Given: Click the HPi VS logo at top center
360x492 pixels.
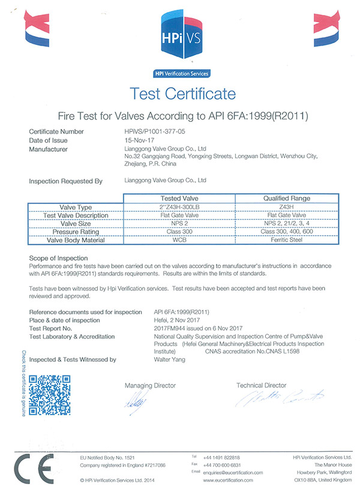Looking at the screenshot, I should point(180,37).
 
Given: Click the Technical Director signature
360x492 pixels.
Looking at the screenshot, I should point(279,399).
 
